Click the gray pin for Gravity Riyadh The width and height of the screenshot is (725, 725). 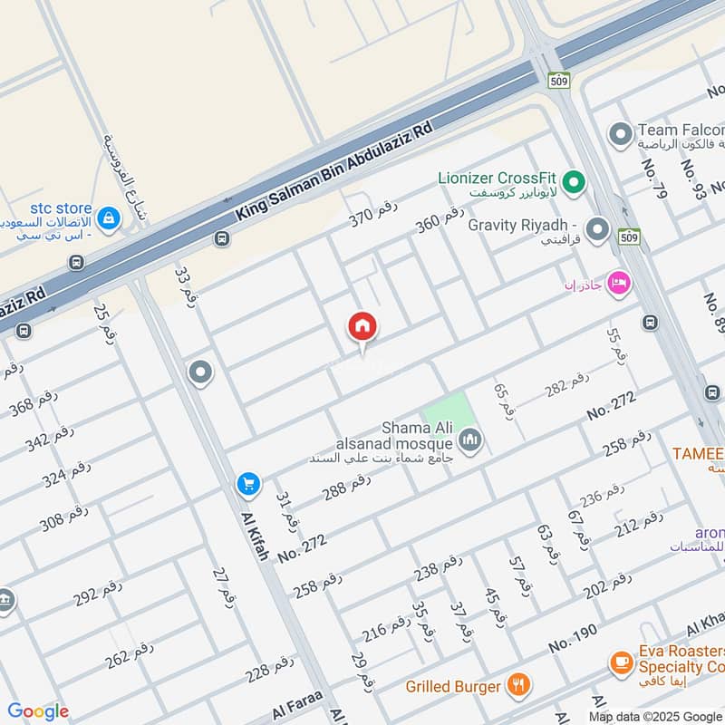pyautogui.click(x=597, y=230)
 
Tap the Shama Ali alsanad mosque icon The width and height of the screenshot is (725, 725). pyautogui.click(x=469, y=441)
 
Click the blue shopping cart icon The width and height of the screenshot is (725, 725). pyautogui.click(x=248, y=485)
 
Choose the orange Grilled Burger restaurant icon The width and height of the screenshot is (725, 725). pyautogui.click(x=518, y=685)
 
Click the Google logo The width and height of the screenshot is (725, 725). pyautogui.click(x=38, y=711)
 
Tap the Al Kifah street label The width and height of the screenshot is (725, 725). pyautogui.click(x=255, y=536)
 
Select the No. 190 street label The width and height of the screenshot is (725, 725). pyautogui.click(x=575, y=643)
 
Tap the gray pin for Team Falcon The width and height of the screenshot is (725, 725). pyautogui.click(x=621, y=135)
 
